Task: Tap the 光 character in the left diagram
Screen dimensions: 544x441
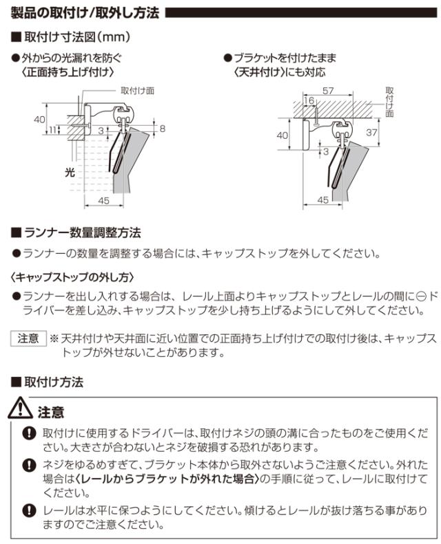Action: point(69,173)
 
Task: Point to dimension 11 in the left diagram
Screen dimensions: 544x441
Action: point(54,130)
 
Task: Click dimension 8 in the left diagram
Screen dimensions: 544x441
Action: point(163,129)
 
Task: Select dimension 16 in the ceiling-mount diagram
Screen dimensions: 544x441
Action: point(308,101)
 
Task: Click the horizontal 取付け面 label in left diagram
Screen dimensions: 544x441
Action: point(137,90)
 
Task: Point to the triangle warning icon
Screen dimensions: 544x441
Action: point(23,411)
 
